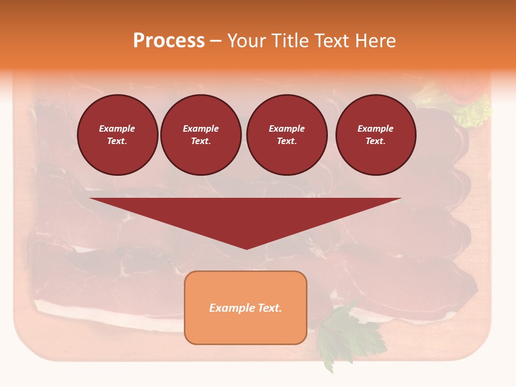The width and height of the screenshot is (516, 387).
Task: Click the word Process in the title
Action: pos(169,41)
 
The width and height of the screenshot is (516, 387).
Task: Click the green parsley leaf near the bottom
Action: pos(339,333)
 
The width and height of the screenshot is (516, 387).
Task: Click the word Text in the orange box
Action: pos(269,308)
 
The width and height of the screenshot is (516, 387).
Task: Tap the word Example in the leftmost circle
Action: pos(117,128)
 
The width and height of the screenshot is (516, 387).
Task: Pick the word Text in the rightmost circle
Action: pos(375,141)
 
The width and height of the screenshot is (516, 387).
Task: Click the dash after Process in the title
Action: pos(216,41)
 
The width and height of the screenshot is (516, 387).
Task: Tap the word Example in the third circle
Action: pos(286,128)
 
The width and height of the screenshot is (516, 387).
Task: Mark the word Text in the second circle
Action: pos(200,141)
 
